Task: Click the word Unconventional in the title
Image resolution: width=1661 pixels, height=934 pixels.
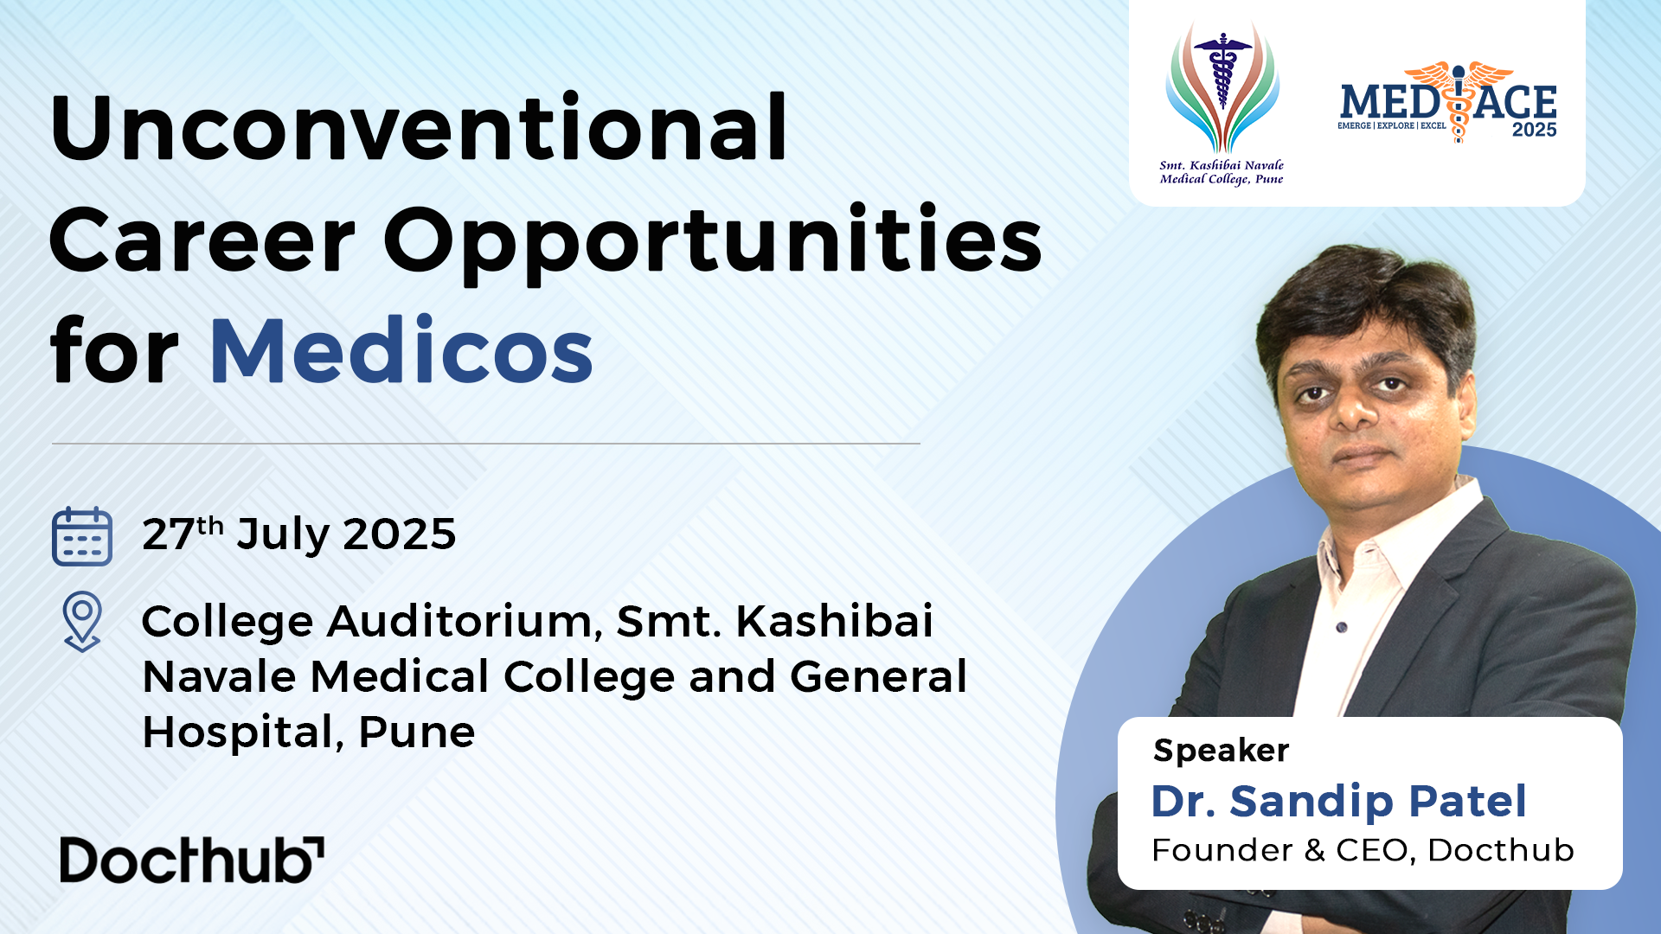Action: (419, 128)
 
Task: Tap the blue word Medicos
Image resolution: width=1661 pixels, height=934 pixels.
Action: (401, 351)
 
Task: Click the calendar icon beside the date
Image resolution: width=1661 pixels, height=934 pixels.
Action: (82, 536)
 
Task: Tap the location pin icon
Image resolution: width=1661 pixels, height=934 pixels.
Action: (82, 621)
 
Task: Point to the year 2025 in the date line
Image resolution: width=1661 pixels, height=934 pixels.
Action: (399, 534)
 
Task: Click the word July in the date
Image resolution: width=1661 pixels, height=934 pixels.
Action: (283, 535)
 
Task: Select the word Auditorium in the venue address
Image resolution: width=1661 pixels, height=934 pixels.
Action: (464, 622)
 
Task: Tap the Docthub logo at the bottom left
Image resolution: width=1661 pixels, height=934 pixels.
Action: (192, 860)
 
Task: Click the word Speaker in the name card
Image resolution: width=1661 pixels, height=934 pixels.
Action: (1221, 751)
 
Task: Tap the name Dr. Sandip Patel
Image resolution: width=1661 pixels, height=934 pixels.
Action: (1338, 801)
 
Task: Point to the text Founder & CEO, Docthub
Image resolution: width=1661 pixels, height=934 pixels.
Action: (1363, 850)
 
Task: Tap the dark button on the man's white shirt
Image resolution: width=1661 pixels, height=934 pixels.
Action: (1342, 627)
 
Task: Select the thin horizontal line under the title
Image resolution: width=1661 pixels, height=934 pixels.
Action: (485, 444)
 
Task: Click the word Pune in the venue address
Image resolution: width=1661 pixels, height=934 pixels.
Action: (416, 732)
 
